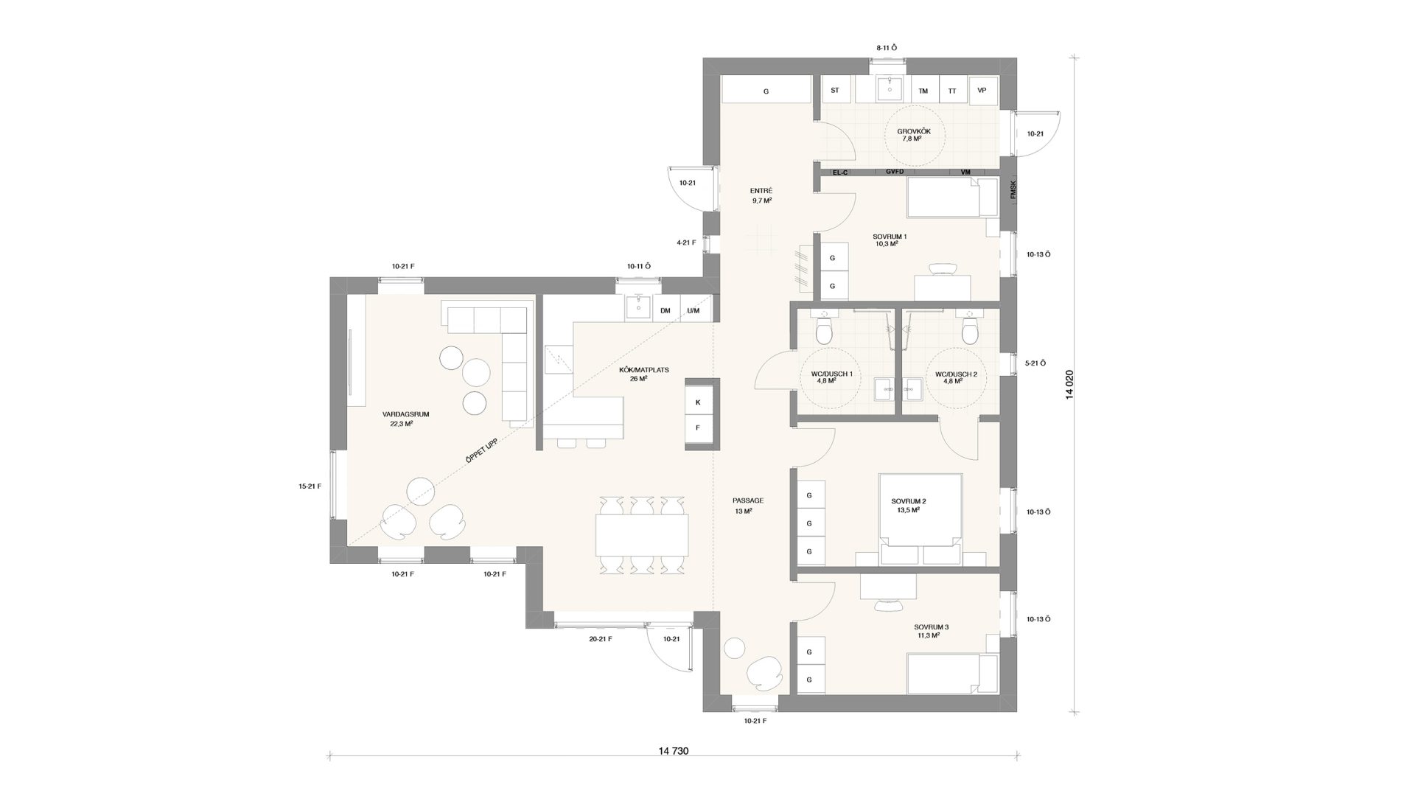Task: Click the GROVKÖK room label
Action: tap(914, 134)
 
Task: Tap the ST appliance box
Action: tap(835, 91)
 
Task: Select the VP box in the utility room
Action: tap(982, 91)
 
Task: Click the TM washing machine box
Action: tap(923, 91)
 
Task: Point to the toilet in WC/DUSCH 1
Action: tap(823, 332)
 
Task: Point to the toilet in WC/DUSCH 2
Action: tap(970, 332)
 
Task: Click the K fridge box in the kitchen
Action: tap(698, 402)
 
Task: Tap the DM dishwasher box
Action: tap(665, 311)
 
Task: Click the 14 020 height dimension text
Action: tap(1069, 384)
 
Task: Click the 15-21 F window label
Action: tap(310, 486)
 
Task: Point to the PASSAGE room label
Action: tap(748, 505)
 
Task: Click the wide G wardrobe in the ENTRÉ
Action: tap(766, 91)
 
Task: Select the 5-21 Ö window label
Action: tap(1036, 363)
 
